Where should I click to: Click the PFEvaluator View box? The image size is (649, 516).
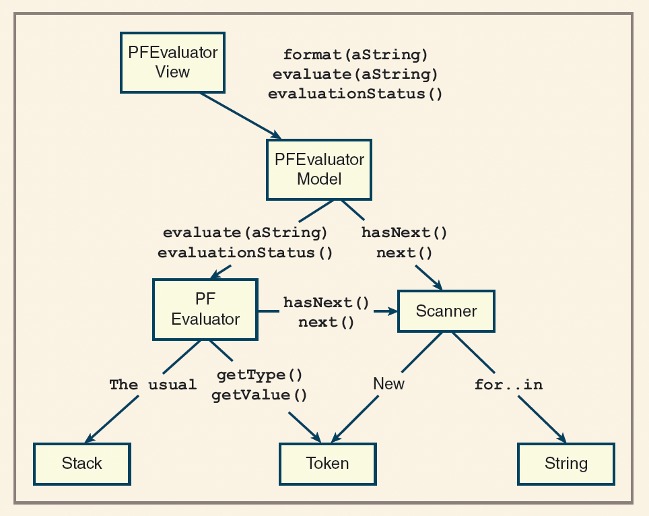[172, 62]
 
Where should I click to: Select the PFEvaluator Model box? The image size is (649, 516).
[319, 169]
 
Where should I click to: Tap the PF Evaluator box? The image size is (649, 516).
[205, 309]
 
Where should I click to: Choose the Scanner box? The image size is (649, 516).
[446, 311]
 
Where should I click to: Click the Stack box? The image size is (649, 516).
[81, 463]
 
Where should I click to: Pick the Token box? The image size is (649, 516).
[327, 463]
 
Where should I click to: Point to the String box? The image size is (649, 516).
[566, 463]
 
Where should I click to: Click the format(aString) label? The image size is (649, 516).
[355, 55]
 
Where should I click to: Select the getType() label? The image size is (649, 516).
[259, 375]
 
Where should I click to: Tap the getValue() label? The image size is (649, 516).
[259, 395]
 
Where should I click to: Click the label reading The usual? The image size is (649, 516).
[153, 385]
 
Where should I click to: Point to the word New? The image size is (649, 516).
[388, 384]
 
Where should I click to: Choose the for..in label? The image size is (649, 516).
[508, 385]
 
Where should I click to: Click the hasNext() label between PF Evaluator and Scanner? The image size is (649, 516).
[327, 302]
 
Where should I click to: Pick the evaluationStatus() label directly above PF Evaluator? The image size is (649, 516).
[245, 253]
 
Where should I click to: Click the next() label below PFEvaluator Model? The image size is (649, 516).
[404, 253]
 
